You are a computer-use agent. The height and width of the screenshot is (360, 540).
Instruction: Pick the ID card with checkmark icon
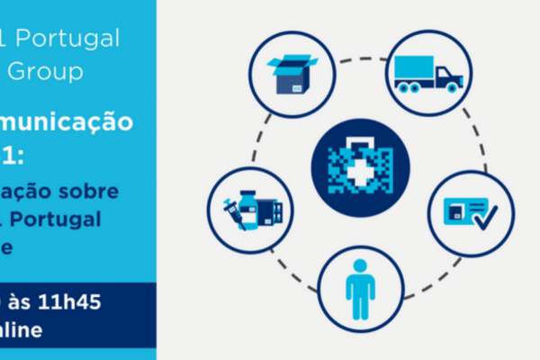471,213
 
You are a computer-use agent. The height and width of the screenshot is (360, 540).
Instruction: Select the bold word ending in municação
76,121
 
